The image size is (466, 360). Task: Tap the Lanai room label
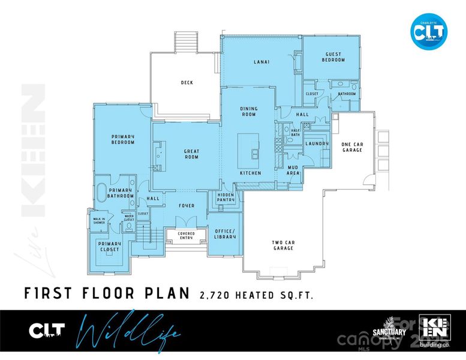click(261, 61)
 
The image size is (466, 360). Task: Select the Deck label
click(187, 83)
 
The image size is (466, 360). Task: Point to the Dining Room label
click(249, 112)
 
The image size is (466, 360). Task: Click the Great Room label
click(191, 154)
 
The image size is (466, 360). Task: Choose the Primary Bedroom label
click(122, 139)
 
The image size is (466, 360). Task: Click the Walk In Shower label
click(99, 221)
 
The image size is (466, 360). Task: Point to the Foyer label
click(187, 206)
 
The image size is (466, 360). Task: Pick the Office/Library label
click(225, 234)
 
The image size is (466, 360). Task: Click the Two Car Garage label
click(282, 245)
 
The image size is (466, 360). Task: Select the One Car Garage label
click(351, 147)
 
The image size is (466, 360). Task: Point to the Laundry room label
click(317, 144)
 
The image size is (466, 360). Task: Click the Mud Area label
click(293, 170)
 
